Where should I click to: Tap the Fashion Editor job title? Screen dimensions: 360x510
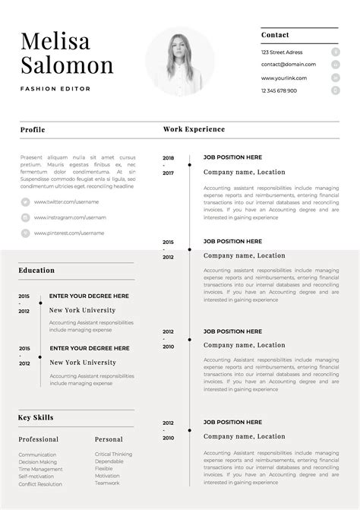[x=55, y=89]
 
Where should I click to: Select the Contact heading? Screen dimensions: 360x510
[x=275, y=35]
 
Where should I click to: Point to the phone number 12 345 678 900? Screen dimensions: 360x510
[x=279, y=90]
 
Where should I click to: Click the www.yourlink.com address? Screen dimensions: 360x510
[x=284, y=78]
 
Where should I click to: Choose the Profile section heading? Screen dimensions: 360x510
[x=33, y=129]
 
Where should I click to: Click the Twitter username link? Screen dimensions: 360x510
[x=68, y=201]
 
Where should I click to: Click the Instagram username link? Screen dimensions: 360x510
[x=70, y=217]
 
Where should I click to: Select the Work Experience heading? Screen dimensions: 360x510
[x=194, y=129]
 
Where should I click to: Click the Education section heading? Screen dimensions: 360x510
[x=36, y=270]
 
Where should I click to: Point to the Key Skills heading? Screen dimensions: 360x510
[x=36, y=417]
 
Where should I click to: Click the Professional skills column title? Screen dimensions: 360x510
[x=39, y=439]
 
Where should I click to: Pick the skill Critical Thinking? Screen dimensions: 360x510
[x=113, y=455]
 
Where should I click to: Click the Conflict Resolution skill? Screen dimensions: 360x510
[x=40, y=484]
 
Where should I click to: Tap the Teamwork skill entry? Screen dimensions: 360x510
[x=107, y=483]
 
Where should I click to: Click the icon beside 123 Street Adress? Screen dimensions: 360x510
[x=335, y=52]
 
